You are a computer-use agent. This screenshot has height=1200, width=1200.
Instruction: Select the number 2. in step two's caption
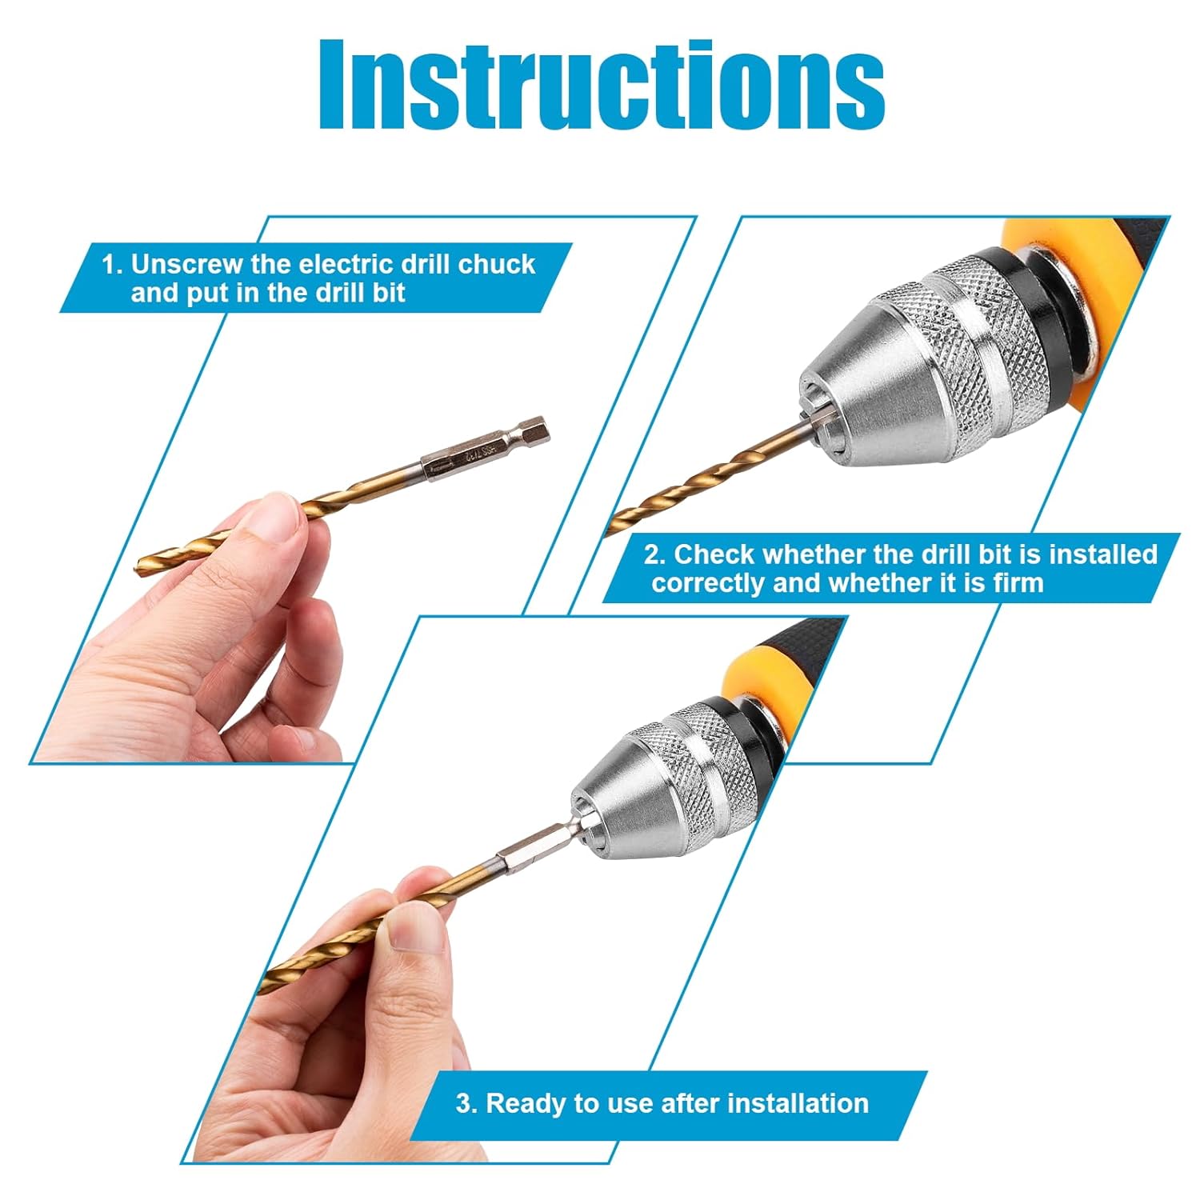tap(655, 554)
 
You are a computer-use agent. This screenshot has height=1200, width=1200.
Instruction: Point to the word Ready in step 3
tap(522, 1103)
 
